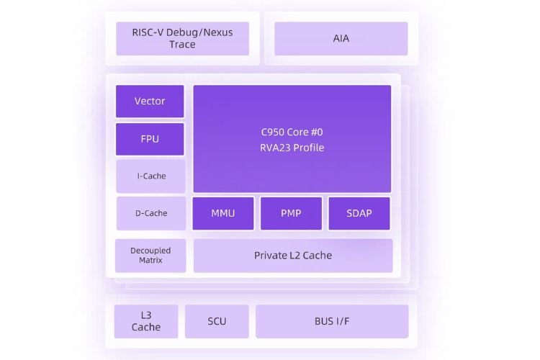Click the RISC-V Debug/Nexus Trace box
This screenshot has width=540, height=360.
point(183,39)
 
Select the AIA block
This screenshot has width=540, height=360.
point(341,39)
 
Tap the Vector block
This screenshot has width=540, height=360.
point(150,102)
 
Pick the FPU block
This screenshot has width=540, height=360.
point(150,139)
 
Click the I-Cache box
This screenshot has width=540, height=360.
point(151,176)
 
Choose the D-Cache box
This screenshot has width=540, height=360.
point(151,213)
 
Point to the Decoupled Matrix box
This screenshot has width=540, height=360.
point(150,256)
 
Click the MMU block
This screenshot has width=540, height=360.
point(223,213)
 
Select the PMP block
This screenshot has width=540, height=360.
point(291,213)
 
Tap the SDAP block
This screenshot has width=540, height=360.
point(359,213)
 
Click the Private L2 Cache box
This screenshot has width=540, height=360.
point(293,256)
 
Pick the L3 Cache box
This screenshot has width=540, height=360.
point(146,321)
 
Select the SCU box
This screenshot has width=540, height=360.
point(217,321)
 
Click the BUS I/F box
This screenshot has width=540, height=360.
point(332,321)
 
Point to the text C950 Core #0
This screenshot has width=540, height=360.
point(292,132)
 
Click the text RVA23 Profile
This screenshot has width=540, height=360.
point(292,148)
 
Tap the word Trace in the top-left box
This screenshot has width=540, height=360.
point(183,45)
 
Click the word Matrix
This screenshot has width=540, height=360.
point(150,260)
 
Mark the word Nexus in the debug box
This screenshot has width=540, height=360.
point(218,32)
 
